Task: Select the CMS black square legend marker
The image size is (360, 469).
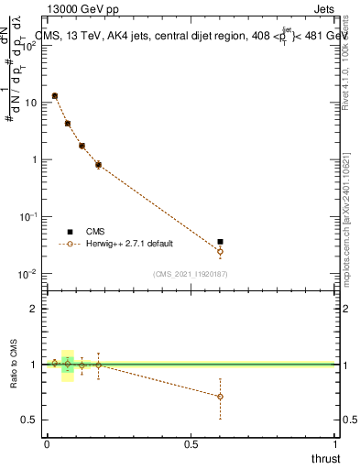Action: pos(70,232)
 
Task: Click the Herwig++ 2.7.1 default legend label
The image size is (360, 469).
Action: pos(127,244)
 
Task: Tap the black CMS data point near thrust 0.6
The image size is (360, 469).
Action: pos(220,242)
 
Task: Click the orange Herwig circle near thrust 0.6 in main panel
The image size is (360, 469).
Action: pos(220,251)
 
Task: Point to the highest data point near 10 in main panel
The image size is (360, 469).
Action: pos(55,95)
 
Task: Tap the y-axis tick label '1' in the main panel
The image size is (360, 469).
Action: pos(35,159)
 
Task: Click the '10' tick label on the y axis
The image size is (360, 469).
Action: pos(31,103)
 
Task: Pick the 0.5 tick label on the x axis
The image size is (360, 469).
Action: pos(191,444)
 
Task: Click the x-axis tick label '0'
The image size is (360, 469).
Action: pos(47,444)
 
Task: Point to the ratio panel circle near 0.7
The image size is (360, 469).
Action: pos(220,397)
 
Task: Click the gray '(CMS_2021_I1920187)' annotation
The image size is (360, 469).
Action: pos(191,273)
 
